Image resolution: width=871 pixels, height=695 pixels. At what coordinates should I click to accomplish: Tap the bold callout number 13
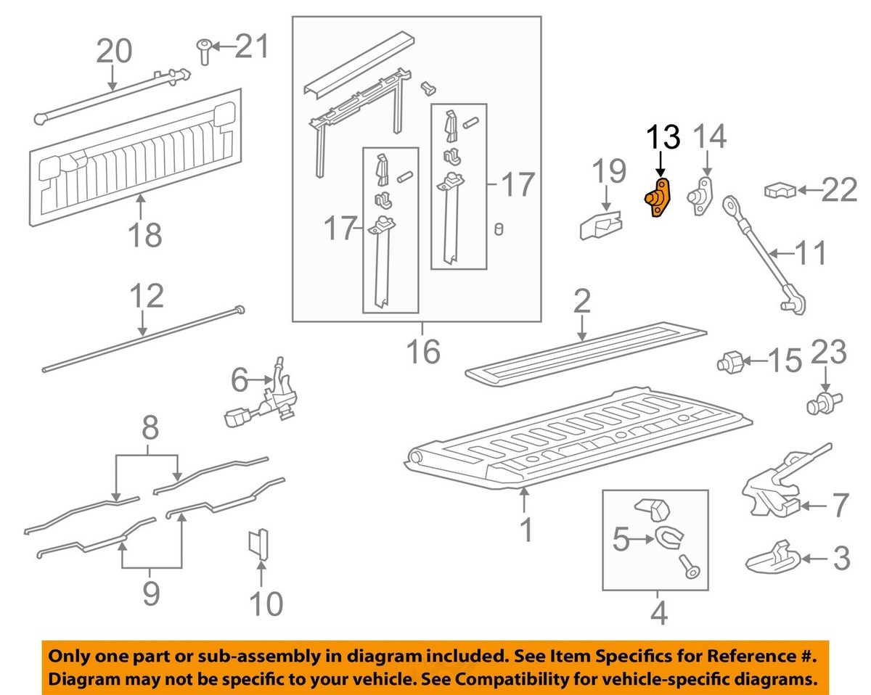(x=663, y=138)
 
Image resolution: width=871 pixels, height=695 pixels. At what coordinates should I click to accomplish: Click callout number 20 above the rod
(x=114, y=52)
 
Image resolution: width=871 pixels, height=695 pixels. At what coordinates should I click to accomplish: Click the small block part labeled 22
(x=778, y=191)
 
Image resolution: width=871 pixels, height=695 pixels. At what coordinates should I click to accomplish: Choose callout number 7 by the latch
(x=840, y=505)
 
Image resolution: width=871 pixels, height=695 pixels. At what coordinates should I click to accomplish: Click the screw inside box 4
(x=690, y=567)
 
